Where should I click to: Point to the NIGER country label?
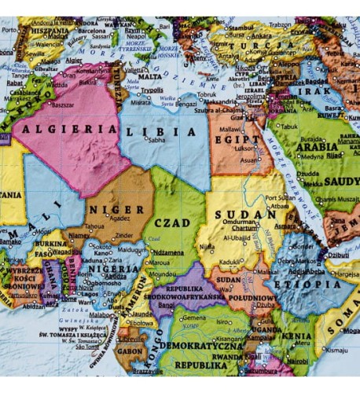[x=116, y=210]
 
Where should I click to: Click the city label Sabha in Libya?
[x=157, y=141]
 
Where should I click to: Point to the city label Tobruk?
[x=207, y=94]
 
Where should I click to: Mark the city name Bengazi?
[x=187, y=103]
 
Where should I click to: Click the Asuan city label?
[x=249, y=160]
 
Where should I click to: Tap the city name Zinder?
[x=125, y=235]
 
